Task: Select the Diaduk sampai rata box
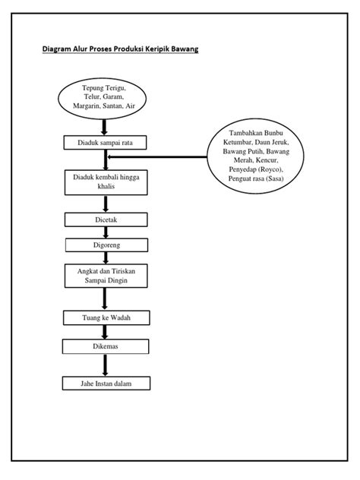coord(105,143)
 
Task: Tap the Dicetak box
coord(106,219)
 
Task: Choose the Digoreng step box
coord(106,245)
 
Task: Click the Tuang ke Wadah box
coord(106,317)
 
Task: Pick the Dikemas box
coord(106,346)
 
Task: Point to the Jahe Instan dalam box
coord(106,384)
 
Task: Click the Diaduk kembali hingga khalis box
coord(106,182)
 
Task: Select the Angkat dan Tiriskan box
coord(106,276)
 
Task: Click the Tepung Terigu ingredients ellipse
coord(103,99)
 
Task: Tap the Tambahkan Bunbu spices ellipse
coord(256,156)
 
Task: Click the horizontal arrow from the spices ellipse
coord(157,156)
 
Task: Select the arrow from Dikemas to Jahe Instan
coord(105,365)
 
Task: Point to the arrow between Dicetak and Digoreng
coord(106,232)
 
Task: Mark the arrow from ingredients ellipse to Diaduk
coord(104,128)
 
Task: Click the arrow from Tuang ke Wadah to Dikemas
coord(105,332)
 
